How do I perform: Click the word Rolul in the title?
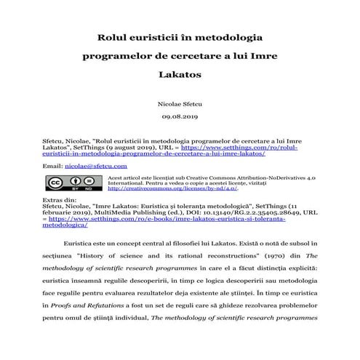(x=113, y=36)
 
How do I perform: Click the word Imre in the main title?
(x=260, y=55)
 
